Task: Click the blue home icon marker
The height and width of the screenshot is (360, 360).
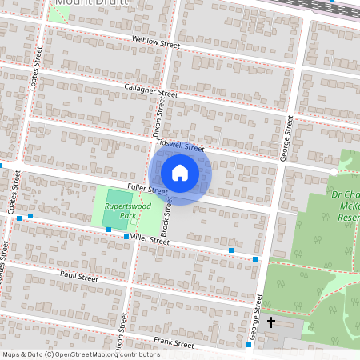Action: pos(180,173)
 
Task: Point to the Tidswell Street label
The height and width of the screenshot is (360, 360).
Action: pos(181,146)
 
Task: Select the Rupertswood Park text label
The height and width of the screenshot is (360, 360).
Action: pos(117,211)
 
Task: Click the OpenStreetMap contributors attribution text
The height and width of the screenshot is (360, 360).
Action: pos(80,354)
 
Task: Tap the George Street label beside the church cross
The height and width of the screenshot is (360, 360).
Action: pos(256,319)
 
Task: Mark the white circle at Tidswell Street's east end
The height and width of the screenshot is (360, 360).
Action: pos(334,171)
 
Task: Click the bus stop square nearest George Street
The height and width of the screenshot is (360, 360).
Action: pos(255,259)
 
